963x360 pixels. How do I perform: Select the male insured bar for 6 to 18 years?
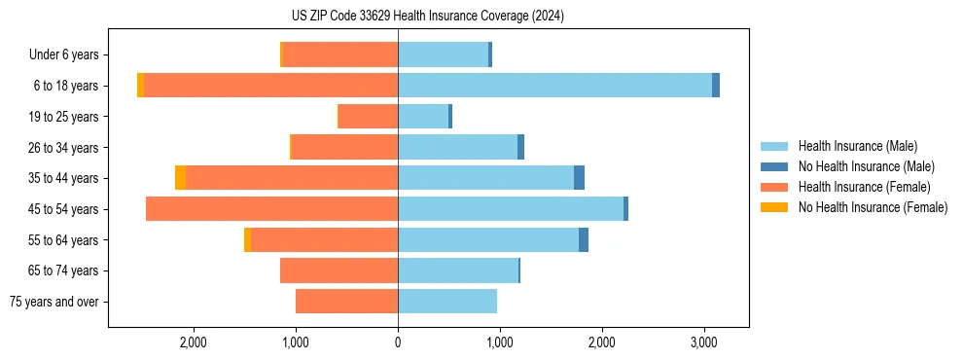(554, 86)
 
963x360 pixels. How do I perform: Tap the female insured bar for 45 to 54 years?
(271, 209)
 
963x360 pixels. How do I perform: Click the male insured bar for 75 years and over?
(447, 302)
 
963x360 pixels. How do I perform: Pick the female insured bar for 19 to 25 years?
(368, 117)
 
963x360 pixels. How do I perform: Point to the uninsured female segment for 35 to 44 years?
(181, 178)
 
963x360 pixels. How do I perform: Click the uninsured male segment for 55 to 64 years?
(584, 240)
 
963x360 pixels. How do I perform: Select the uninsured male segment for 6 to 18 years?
(716, 86)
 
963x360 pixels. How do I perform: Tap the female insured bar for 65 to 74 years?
(339, 270)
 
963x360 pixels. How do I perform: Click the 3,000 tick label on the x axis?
(704, 342)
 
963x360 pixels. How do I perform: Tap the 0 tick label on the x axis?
(398, 342)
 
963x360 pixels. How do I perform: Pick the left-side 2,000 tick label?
(193, 342)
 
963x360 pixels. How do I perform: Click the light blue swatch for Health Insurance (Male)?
(774, 146)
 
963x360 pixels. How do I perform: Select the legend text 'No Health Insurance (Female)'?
(873, 207)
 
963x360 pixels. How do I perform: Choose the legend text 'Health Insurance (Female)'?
(864, 187)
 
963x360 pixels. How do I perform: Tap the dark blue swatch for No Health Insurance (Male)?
(774, 166)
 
